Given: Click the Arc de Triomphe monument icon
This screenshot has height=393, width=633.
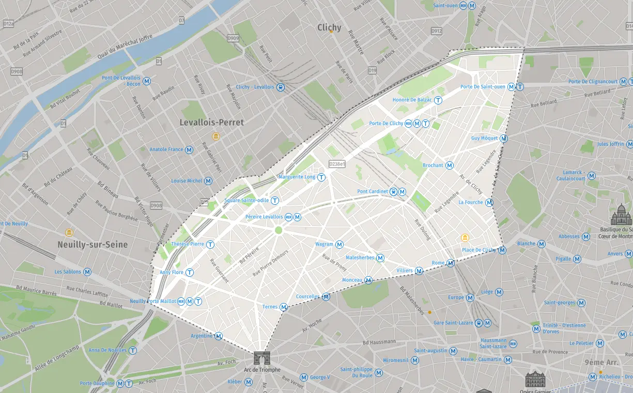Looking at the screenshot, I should (262, 358).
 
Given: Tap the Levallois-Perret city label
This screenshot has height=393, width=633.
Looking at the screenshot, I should (211, 123).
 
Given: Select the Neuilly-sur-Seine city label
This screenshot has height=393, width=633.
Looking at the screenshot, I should (92, 245).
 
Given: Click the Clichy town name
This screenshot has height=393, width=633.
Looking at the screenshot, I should (329, 27).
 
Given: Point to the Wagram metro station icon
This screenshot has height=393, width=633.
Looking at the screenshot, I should (339, 245).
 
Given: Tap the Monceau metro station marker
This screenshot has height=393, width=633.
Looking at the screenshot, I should (368, 280).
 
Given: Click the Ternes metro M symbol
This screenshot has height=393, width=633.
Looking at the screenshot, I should (284, 307).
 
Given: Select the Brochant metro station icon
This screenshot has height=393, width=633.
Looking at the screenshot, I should (450, 165).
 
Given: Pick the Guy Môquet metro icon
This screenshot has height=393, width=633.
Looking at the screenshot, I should (504, 139).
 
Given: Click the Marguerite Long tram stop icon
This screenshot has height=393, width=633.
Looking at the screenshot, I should (321, 177).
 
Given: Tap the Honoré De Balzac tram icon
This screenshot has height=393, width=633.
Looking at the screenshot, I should (438, 100).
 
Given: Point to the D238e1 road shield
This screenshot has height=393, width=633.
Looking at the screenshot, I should (336, 164).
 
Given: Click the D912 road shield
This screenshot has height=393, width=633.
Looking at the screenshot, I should (437, 31).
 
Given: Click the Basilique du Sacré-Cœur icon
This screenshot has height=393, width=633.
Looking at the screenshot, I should (621, 215).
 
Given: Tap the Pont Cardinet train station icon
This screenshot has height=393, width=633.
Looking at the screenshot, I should (394, 192).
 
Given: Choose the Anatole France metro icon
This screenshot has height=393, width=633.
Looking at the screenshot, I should (189, 149).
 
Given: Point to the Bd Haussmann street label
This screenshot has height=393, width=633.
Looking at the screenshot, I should (379, 342).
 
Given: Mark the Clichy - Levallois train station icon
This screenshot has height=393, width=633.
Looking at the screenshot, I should (281, 87).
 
